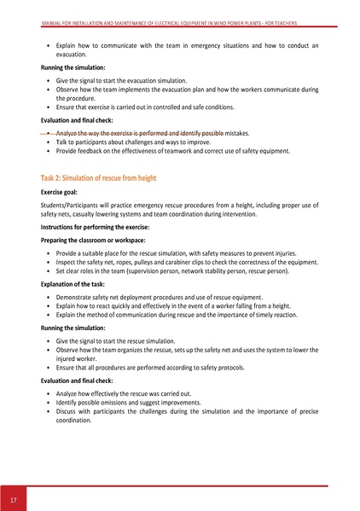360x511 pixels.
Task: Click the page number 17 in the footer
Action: coord(14,498)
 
